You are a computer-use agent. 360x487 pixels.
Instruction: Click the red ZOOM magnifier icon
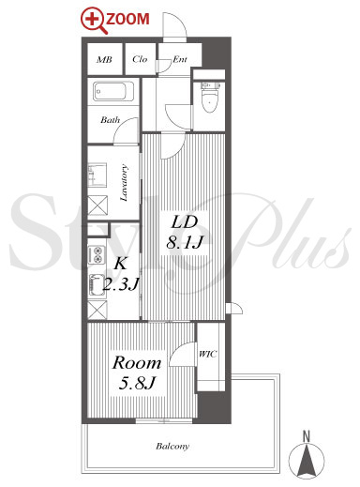(x=93, y=21)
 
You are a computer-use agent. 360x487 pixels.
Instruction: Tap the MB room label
(x=104, y=59)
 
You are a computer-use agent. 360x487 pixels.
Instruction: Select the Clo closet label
(x=140, y=59)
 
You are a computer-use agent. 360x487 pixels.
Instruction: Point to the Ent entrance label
(x=180, y=59)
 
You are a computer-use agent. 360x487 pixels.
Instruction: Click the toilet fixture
(x=209, y=97)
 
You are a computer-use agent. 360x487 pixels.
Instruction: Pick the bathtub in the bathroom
(x=113, y=91)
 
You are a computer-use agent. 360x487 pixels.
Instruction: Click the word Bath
(x=110, y=120)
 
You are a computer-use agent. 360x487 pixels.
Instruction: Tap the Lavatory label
(x=124, y=183)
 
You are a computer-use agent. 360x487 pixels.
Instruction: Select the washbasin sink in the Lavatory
(x=97, y=175)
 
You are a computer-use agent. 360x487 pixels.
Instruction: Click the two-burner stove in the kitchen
(x=97, y=254)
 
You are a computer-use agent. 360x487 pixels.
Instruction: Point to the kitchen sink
(x=97, y=284)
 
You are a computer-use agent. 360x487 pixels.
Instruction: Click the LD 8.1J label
(x=185, y=232)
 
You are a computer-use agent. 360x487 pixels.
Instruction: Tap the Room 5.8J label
(x=137, y=373)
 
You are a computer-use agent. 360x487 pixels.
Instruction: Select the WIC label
(x=208, y=354)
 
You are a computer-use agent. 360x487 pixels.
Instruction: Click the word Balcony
(x=172, y=447)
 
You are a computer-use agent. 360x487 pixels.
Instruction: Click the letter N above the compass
(x=307, y=436)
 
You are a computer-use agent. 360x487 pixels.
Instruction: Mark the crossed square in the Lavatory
(x=97, y=205)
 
